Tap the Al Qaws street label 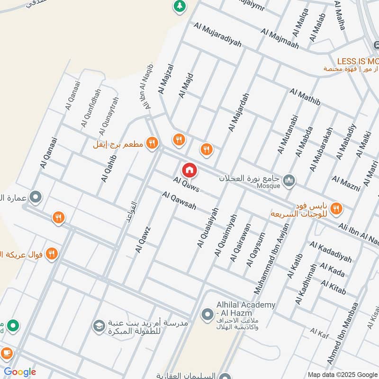click(x=186, y=184)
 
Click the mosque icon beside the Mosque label click(x=289, y=180)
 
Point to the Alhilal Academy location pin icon click(x=207, y=314)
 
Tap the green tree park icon click(x=179, y=6)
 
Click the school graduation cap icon click(x=99, y=326)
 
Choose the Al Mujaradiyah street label click(x=217, y=36)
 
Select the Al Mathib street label click(x=305, y=97)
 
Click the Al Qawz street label click(x=143, y=239)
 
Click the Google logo click(x=20, y=372)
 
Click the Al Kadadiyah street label click(x=331, y=252)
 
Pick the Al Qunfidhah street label click(x=90, y=108)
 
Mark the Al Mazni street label click(x=346, y=183)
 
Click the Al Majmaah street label click(x=280, y=38)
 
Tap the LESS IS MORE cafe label click(x=358, y=61)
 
